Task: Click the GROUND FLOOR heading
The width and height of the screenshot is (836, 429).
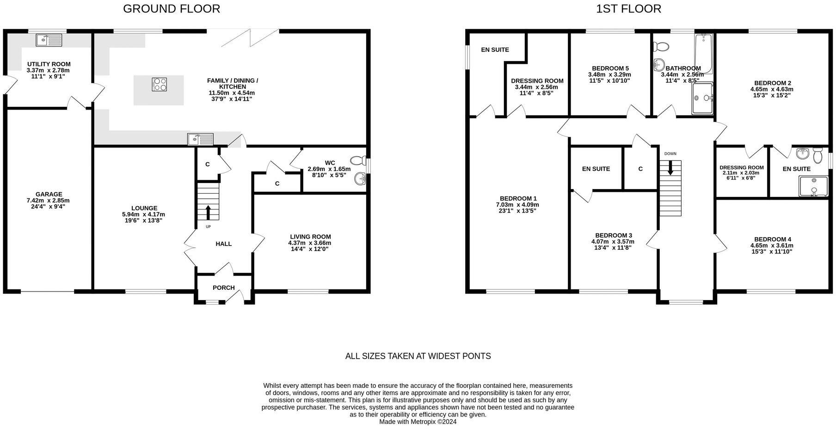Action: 171,8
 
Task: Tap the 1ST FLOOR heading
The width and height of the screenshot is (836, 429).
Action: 628,8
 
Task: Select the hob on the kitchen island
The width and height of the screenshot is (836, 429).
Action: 159,85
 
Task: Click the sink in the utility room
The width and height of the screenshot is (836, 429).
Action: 49,40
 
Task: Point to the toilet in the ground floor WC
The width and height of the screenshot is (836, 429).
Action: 358,161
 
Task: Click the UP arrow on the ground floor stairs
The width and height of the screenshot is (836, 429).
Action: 208,212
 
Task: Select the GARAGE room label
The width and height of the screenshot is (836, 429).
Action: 49,194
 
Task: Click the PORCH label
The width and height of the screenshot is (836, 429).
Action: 223,288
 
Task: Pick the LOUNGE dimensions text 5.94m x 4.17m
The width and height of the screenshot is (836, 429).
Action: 143,214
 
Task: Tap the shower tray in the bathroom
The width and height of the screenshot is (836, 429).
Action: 702,98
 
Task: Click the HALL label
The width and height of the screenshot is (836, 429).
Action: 223,244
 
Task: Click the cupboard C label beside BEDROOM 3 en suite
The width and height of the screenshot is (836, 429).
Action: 640,169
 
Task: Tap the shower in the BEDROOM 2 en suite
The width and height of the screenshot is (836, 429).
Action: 813,186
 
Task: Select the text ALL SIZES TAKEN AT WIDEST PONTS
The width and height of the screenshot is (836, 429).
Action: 418,356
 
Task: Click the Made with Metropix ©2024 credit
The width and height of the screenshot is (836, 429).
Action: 418,422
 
